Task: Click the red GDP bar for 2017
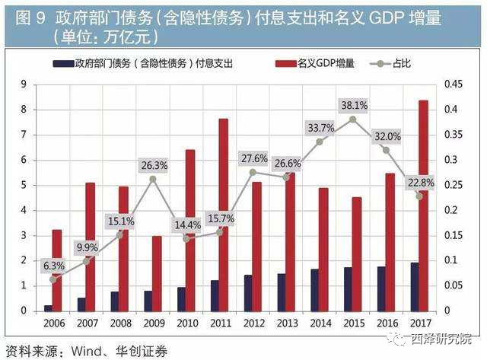click(423, 205)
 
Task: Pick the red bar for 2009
click(157, 273)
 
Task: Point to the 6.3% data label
click(54, 265)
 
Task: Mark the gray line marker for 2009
click(153, 180)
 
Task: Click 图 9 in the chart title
click(25, 16)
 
